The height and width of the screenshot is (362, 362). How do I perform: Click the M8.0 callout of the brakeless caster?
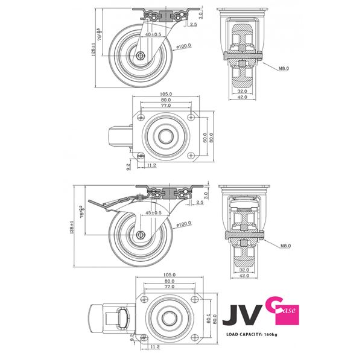point(283,68)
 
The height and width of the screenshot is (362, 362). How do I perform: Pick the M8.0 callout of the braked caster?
point(283,246)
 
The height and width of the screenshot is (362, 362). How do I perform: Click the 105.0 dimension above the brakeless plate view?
point(167,94)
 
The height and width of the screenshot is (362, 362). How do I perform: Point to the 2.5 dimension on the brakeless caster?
point(193,25)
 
